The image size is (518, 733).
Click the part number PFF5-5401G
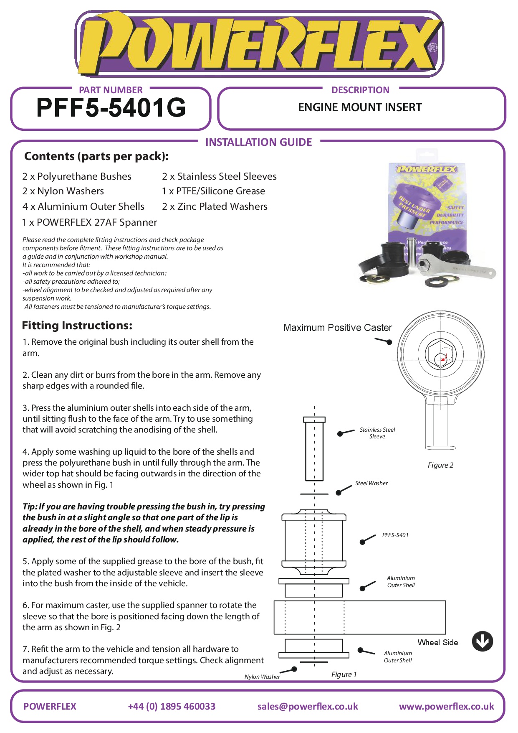point(111,108)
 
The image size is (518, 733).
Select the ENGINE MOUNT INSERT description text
point(360,107)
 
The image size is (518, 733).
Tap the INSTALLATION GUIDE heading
point(258,143)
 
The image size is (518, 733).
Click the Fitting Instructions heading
point(77,326)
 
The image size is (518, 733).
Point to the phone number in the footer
point(172,706)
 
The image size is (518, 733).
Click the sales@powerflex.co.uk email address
point(308,706)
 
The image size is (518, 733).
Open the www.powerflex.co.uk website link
point(446,706)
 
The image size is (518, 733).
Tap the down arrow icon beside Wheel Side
point(482,641)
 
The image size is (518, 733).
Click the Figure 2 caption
point(440,465)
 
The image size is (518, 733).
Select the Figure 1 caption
point(344,674)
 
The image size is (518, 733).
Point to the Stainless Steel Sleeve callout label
point(377,433)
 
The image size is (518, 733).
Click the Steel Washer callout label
point(371,483)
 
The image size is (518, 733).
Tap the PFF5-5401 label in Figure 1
point(395,535)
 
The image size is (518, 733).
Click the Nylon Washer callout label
point(262,677)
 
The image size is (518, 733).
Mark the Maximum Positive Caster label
point(338,328)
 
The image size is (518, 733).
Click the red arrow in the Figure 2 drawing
point(444,358)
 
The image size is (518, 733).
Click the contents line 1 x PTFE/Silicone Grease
point(213,191)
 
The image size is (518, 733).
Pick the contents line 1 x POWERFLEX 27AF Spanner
point(89,222)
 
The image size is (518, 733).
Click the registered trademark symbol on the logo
point(433,48)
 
